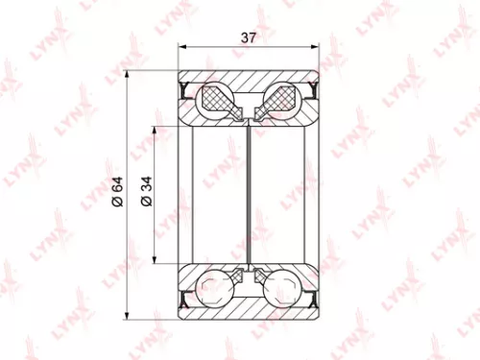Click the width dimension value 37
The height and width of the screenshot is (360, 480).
click(248, 38)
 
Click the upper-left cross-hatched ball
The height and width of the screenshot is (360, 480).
click(212, 99)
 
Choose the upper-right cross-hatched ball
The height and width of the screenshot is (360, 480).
click(285, 99)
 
